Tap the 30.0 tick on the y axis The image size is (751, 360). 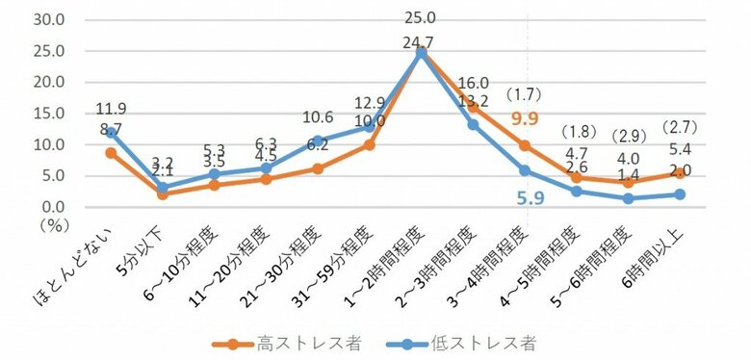(48, 19)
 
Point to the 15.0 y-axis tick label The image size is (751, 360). (48, 114)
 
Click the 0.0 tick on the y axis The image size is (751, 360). (52, 207)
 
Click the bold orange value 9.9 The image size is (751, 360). (526, 118)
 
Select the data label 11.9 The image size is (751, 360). (112, 109)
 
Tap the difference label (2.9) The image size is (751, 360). (632, 137)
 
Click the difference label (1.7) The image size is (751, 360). (527, 96)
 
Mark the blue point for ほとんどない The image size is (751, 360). (113, 133)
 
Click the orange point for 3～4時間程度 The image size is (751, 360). (524, 145)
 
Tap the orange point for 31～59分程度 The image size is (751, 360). (369, 144)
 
